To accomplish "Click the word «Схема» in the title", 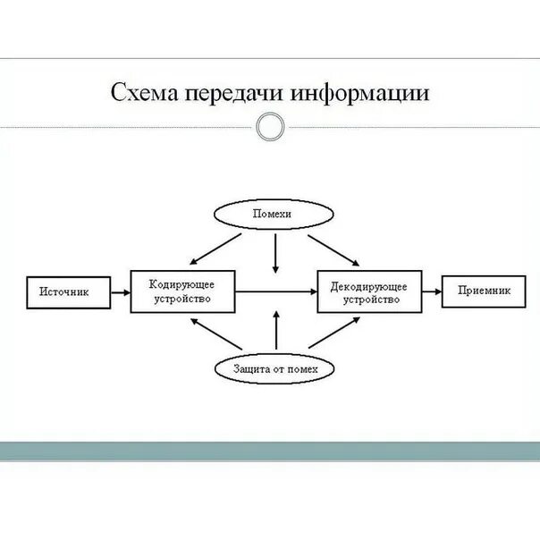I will point(143,93).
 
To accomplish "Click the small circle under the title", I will point(269,128).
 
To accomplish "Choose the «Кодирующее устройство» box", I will point(182,291).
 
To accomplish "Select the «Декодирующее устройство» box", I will point(369,291).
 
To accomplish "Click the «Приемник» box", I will point(483,291).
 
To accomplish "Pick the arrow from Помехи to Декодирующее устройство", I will point(332,249).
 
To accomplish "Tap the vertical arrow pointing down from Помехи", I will point(275,254).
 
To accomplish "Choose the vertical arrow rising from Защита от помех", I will point(275,329).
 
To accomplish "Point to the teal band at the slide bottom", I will point(270,451).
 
